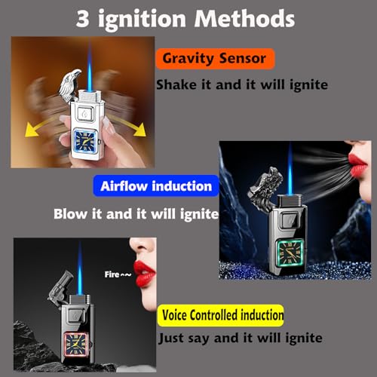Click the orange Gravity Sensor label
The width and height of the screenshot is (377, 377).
(215, 59)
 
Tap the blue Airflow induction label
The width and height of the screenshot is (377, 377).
(156, 186)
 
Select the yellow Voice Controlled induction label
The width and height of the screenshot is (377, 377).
(221, 315)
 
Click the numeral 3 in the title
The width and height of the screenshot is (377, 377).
(83, 19)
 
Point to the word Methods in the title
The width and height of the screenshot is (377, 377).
(244, 19)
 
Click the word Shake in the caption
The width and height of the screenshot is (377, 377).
(177, 84)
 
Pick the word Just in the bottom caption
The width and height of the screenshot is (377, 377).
(171, 339)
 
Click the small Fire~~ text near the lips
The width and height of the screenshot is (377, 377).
(118, 274)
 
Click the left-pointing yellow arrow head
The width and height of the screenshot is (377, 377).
(32, 131)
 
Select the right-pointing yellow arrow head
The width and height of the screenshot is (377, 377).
(140, 130)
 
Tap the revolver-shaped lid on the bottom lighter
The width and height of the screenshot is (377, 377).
(60, 289)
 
